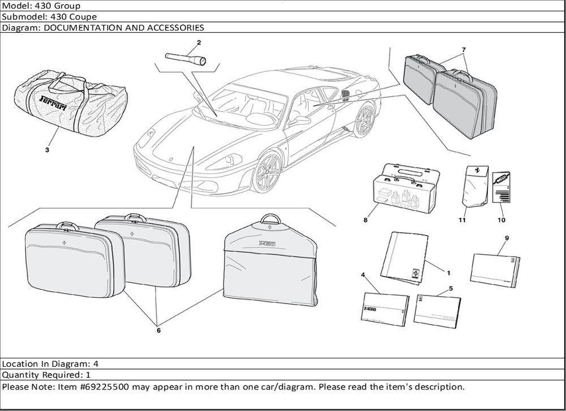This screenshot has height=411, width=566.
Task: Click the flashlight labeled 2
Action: click(186, 58)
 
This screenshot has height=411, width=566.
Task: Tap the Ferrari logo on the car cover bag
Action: click(53, 103)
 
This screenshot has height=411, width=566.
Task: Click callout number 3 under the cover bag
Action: click(47, 150)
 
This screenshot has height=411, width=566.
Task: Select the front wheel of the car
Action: click(267, 172)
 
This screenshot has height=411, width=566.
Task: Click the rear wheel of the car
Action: click(365, 120)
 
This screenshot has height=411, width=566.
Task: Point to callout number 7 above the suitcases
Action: click(464, 50)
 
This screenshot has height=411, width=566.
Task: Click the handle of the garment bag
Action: click(271, 219)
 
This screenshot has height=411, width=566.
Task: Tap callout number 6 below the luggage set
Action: click(158, 330)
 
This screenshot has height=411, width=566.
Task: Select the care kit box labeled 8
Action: click(406, 188)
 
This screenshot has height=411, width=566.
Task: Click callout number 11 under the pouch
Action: click(462, 220)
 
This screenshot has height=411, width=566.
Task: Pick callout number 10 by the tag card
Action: click(501, 220)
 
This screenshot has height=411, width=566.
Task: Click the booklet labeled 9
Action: click(495, 271)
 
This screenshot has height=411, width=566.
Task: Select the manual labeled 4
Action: click(385, 309)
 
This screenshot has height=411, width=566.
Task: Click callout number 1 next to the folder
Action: click(449, 273)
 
